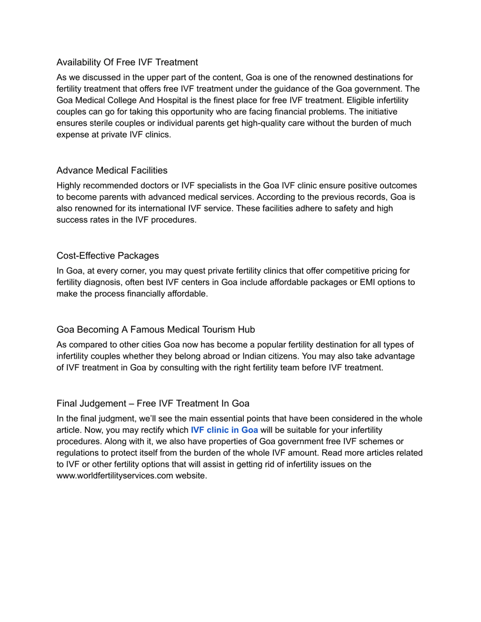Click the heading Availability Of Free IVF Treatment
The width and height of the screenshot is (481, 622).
point(127,62)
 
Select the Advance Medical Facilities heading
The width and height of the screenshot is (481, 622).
point(112,170)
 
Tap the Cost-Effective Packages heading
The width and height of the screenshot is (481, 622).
point(107,256)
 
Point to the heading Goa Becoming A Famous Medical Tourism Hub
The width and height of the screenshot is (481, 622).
point(156,329)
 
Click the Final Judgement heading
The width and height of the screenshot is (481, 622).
point(153,403)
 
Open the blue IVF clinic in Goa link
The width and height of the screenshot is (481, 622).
point(224,430)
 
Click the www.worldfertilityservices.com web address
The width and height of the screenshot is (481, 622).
point(115,476)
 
